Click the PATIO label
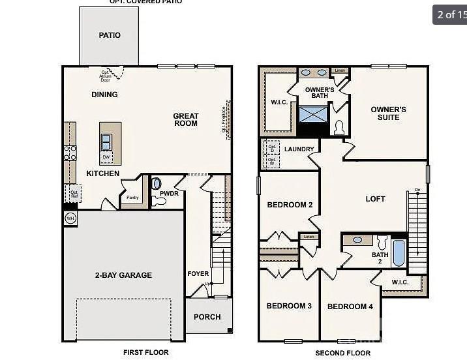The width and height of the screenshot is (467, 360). pyautogui.click(x=110, y=35)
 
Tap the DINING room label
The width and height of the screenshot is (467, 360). pyautogui.click(x=104, y=95)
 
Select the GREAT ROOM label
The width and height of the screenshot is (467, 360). pyautogui.click(x=186, y=119)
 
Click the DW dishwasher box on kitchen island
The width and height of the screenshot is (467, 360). pyautogui.click(x=106, y=157)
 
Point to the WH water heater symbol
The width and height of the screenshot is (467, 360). pyautogui.click(x=70, y=218)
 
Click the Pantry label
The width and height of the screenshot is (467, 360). pyautogui.click(x=132, y=198)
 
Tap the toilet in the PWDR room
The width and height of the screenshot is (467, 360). pyautogui.click(x=157, y=184)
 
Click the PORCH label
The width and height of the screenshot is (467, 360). pyautogui.click(x=207, y=317)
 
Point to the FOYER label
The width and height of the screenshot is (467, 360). pyautogui.click(x=198, y=274)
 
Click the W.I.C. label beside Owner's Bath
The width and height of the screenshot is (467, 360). pyautogui.click(x=279, y=102)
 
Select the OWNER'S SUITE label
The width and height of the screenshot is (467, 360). pyautogui.click(x=389, y=113)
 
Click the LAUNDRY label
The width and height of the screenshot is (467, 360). pyautogui.click(x=299, y=149)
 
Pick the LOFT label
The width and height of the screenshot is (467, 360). pyautogui.click(x=375, y=199)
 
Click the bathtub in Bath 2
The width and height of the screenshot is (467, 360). pyautogui.click(x=399, y=253)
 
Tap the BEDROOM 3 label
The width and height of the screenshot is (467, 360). pyautogui.click(x=289, y=306)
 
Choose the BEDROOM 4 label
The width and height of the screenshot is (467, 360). pyautogui.click(x=350, y=307)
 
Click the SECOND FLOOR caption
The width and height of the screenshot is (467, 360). pyautogui.click(x=343, y=353)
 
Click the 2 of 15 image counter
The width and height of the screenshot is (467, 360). pyautogui.click(x=450, y=14)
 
